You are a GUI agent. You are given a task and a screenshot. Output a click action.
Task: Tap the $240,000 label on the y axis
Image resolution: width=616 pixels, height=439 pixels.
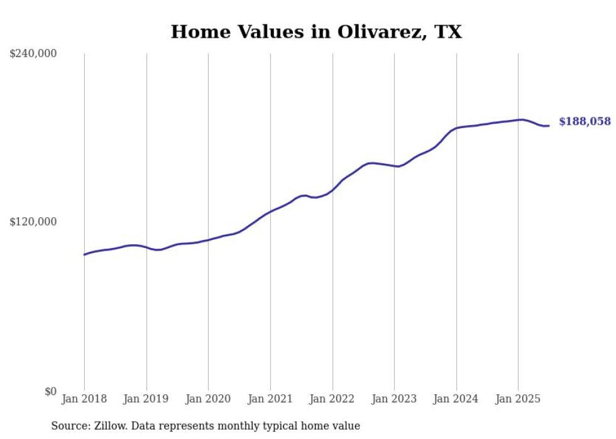point(33,54)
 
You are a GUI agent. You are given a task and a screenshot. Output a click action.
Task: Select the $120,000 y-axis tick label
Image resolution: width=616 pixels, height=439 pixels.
point(33,222)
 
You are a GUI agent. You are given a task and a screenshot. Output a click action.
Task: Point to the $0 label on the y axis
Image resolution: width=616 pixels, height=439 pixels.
point(50,391)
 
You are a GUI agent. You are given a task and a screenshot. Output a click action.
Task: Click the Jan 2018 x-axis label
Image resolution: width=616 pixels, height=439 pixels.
point(84,399)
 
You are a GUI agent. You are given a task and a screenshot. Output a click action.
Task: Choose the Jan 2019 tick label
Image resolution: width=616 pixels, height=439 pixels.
point(146,399)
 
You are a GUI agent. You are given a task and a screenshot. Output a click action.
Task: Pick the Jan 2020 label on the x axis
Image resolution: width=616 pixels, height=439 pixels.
point(208,399)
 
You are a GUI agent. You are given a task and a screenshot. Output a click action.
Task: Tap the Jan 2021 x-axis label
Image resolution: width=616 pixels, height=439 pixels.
point(270,399)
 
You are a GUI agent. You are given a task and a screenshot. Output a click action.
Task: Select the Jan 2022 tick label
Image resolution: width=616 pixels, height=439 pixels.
point(333,399)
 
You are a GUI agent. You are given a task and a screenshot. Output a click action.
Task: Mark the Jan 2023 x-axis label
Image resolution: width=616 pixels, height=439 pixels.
point(394,399)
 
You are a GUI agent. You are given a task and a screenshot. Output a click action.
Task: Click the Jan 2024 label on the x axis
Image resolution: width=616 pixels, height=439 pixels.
point(456,399)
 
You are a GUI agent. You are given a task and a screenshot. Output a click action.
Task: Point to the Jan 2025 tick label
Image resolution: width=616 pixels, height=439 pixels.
point(518,399)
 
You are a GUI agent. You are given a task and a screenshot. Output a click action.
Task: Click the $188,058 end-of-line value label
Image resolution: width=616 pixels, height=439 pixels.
point(585,122)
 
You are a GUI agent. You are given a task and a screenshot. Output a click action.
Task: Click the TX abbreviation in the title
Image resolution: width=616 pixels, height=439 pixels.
point(448,32)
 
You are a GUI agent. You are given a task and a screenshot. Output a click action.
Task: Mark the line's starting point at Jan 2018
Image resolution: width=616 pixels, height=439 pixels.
point(84,254)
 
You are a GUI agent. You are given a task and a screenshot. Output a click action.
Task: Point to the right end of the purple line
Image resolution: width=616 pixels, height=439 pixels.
point(549,126)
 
